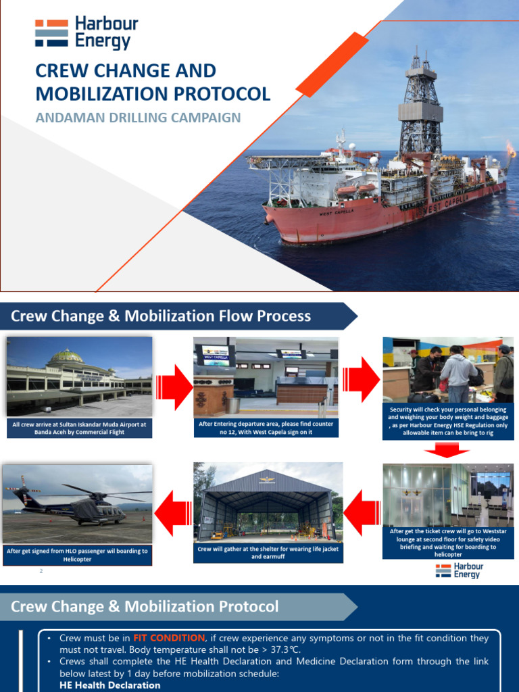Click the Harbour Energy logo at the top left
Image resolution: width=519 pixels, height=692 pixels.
(86, 33)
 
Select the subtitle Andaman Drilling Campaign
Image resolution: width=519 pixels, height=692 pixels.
(138, 118)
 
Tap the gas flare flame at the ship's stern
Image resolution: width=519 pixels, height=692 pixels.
(511, 149)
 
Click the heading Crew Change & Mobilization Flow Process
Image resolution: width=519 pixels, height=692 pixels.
(160, 316)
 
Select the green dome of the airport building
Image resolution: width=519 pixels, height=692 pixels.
(66, 356)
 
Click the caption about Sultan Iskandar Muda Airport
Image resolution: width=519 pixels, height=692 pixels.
(79, 428)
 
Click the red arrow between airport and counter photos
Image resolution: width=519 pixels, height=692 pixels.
(174, 387)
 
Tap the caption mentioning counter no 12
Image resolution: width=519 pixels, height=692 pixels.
(266, 428)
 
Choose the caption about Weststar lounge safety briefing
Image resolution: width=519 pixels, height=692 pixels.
(448, 543)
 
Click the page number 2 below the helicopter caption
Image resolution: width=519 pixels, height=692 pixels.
(41, 572)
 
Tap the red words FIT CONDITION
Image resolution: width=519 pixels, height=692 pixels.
(168, 638)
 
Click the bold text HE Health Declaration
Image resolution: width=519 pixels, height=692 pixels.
(110, 685)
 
